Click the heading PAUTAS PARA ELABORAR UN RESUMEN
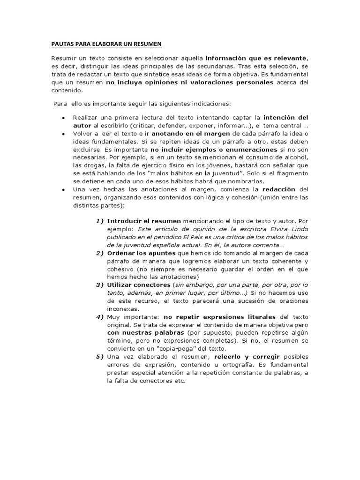point(106,44)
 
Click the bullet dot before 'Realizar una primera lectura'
point(63,118)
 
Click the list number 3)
point(99,285)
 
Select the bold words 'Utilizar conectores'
point(138,285)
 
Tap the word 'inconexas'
point(122,309)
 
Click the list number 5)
point(99,357)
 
